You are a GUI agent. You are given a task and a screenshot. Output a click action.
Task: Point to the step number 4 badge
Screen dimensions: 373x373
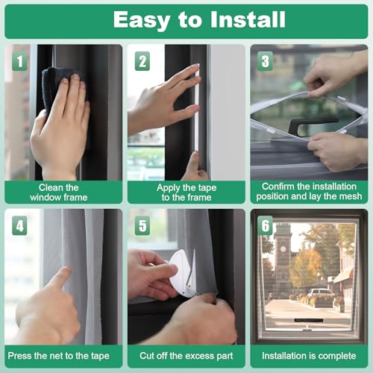19,225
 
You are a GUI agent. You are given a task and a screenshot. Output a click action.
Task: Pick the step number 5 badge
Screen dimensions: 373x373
142,225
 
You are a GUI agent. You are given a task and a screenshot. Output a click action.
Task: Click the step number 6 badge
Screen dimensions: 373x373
265,225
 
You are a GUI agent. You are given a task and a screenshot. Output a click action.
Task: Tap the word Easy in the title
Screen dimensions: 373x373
141,19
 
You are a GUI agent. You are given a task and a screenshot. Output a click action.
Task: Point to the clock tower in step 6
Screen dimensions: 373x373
283,254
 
